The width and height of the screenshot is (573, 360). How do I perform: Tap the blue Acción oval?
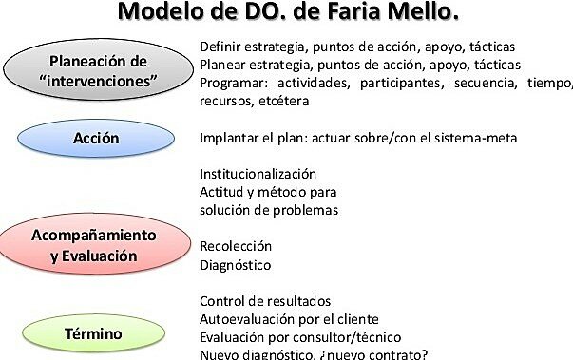[96, 139]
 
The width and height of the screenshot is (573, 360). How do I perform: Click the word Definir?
[221, 47]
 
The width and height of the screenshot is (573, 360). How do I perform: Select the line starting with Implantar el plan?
[358, 139]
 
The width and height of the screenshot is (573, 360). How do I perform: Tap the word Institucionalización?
[258, 175]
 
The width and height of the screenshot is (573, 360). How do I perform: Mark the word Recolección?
[236, 246]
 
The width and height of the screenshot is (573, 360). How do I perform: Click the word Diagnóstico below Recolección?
[236, 265]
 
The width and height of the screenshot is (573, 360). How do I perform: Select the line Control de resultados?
[265, 301]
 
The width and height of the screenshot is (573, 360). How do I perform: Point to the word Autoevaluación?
[245, 319]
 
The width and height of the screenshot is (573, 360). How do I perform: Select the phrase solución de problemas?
[269, 210]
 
